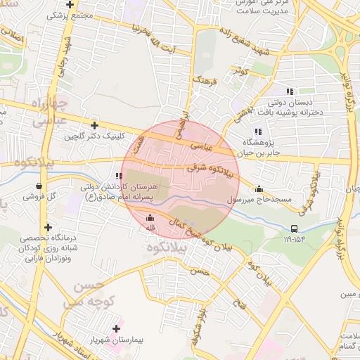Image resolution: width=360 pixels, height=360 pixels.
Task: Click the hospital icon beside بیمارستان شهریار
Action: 117,328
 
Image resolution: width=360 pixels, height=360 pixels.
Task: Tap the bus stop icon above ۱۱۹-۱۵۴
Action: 294,228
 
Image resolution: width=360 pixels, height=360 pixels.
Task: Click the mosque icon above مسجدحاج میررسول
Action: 259,188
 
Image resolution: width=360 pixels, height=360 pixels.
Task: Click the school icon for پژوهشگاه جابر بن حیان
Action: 258,131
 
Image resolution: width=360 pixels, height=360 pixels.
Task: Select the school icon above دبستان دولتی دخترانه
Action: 289,91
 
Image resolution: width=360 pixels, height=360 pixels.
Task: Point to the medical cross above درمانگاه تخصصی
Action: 48,226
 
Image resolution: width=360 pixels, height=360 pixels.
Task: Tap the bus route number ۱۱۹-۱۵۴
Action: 297,239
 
